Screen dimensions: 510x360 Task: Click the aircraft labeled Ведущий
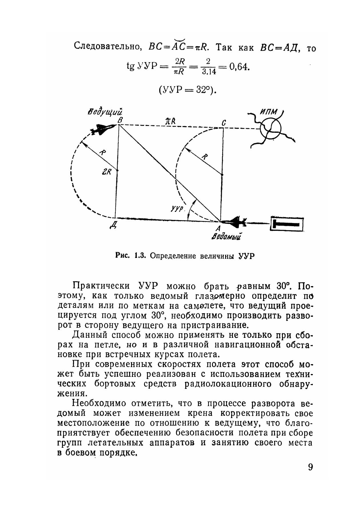click(x=102, y=129)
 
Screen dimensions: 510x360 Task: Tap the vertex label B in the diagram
click(x=120, y=121)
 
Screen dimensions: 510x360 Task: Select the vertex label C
click(x=224, y=123)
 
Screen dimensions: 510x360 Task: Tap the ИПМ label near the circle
click(x=268, y=112)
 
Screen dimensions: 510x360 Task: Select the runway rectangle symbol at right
click(x=287, y=224)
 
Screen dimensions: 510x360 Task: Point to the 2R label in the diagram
click(x=106, y=172)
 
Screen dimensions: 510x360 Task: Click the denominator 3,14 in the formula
click(x=209, y=72)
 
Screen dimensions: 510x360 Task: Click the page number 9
click(x=310, y=467)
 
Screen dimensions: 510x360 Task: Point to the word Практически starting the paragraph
click(x=102, y=286)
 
